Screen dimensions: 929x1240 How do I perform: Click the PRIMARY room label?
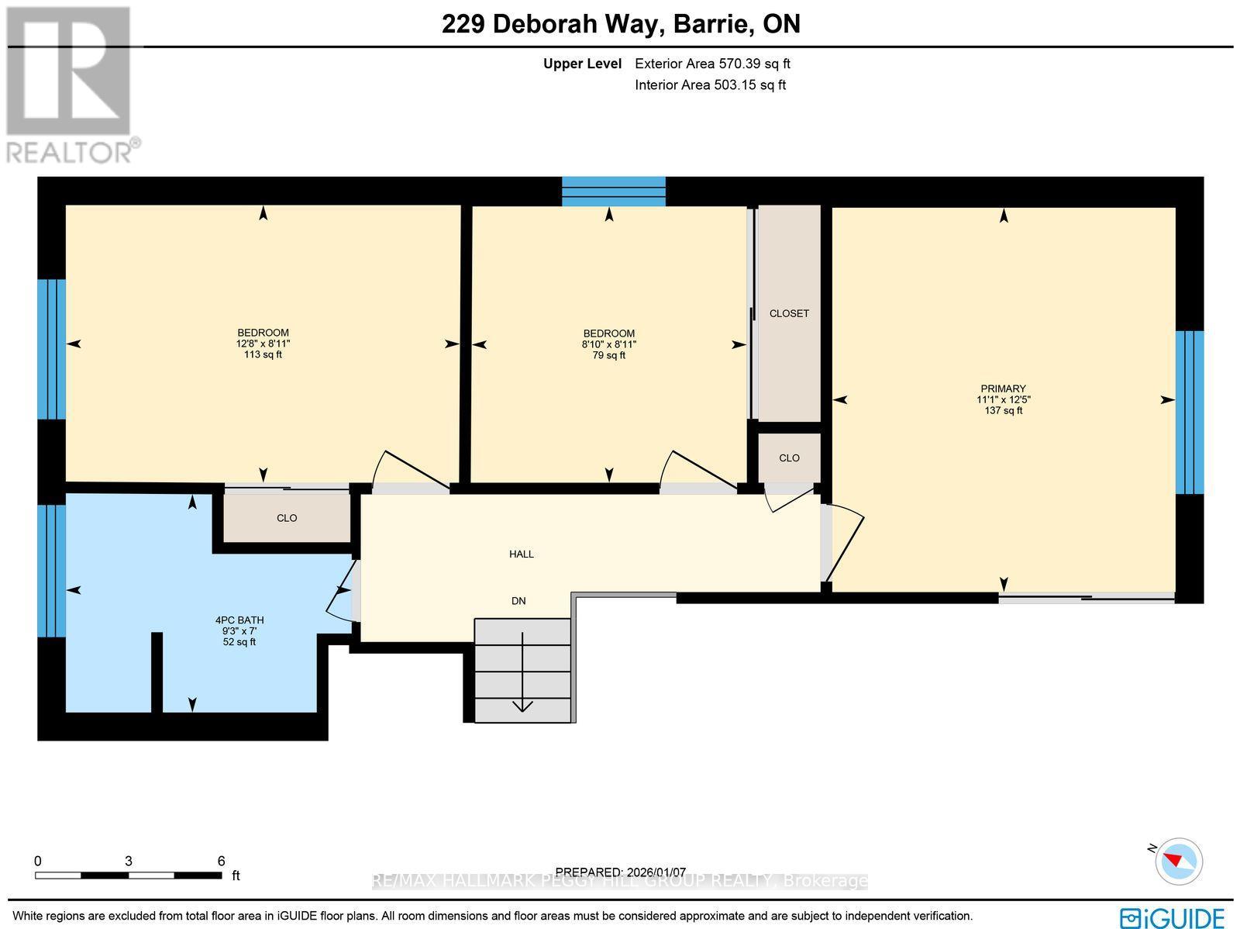[1003, 389]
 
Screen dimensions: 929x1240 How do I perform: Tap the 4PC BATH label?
[239, 620]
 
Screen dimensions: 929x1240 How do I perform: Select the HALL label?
[522, 554]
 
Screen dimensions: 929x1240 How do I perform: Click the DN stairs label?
[518, 600]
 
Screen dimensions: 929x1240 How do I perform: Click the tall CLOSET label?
[789, 313]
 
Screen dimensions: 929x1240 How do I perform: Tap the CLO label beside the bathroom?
[287, 518]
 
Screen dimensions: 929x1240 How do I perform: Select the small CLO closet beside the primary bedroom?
[789, 458]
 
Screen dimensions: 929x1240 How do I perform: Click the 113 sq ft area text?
[263, 354]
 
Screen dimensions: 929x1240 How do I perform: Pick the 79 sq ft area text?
[609, 355]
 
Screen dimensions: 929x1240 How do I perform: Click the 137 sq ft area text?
[1003, 410]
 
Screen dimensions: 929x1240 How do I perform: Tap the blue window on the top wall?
[613, 191]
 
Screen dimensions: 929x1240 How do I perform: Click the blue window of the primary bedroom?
[1190, 412]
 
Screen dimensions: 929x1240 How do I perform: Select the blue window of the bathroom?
[52, 571]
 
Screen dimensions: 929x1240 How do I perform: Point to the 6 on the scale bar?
[221, 861]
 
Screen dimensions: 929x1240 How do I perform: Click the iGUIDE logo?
[1173, 917]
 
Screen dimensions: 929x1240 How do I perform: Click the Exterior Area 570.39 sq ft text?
[712, 64]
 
